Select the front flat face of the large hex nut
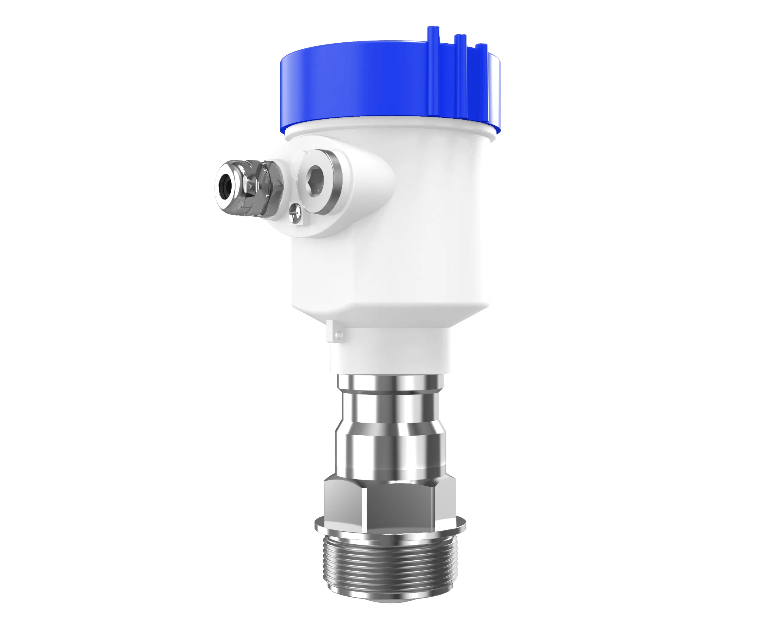(399, 505)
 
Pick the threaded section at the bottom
(390, 568)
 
